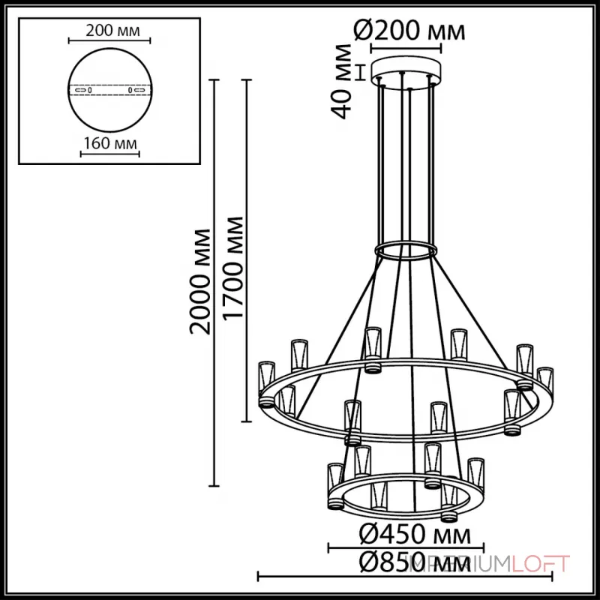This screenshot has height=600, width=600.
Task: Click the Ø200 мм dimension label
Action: point(409,31)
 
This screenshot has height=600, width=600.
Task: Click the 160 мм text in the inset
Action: point(109,142)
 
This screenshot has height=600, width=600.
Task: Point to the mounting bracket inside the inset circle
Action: point(109,90)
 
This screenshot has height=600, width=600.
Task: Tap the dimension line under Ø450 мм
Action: point(405,547)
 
